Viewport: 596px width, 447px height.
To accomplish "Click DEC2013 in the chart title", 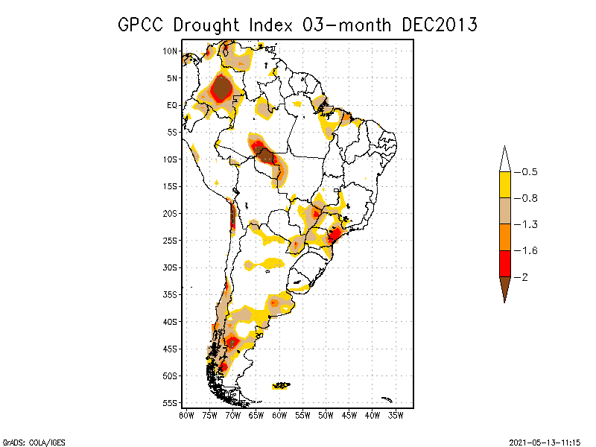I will click(x=440, y=25).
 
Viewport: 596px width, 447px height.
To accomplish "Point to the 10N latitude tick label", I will click(x=170, y=51).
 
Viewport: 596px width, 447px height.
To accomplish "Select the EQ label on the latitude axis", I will click(x=172, y=105).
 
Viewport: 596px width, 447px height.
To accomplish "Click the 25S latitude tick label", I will click(x=170, y=240).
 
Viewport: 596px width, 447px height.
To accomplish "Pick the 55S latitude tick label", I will click(x=170, y=402).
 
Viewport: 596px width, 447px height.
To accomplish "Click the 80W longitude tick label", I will click(x=186, y=415).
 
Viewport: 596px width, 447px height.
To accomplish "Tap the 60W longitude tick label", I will click(x=279, y=415).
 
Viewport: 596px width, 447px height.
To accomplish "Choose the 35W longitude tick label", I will click(x=396, y=415).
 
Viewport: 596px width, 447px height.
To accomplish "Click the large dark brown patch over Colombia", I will click(x=221, y=89).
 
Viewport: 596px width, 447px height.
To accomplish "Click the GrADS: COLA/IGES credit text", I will click(x=28, y=441).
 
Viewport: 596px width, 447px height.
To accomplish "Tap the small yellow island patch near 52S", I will click(x=281, y=385).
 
